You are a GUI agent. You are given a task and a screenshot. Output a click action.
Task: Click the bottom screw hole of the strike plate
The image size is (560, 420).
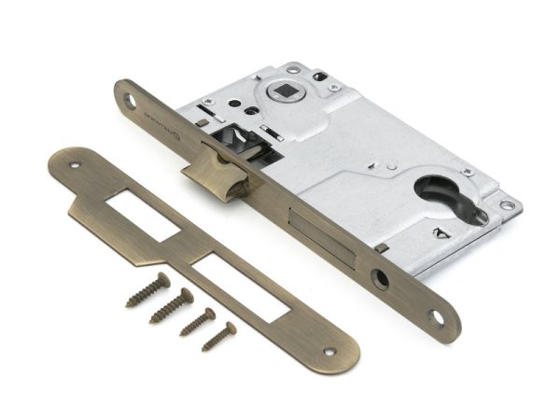click(x=329, y=353)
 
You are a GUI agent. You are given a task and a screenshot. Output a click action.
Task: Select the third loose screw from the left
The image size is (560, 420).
click(x=197, y=321)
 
